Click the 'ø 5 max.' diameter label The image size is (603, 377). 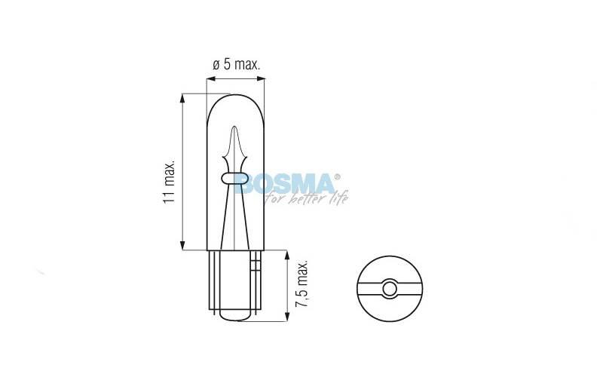(x=237, y=64)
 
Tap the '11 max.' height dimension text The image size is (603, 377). (x=169, y=181)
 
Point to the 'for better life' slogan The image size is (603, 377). (x=308, y=198)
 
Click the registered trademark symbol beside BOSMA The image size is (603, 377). (x=337, y=176)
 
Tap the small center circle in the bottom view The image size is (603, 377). (x=390, y=288)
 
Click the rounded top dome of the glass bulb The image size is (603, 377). (x=235, y=97)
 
